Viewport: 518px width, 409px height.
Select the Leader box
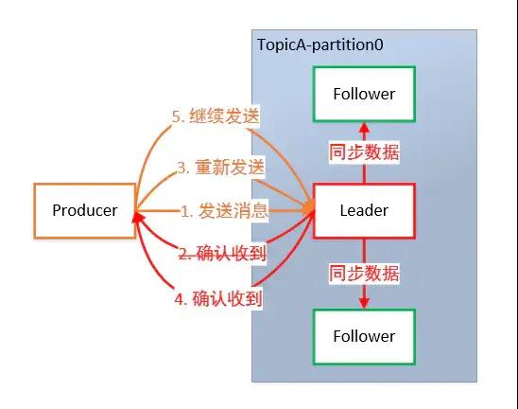pyautogui.click(x=364, y=210)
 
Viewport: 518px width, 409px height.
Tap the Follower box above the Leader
pyautogui.click(x=364, y=94)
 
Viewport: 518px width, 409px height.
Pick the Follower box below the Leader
pyautogui.click(x=364, y=336)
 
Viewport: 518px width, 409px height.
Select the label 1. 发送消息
pyautogui.click(x=225, y=211)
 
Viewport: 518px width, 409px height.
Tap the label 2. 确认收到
pyautogui.click(x=221, y=254)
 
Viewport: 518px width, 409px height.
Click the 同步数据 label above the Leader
pyautogui.click(x=364, y=152)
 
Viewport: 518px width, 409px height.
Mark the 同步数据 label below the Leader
pyautogui.click(x=364, y=276)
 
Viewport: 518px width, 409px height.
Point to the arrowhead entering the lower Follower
pyautogui.click(x=364, y=303)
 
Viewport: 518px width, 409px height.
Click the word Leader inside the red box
pyautogui.click(x=364, y=210)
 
